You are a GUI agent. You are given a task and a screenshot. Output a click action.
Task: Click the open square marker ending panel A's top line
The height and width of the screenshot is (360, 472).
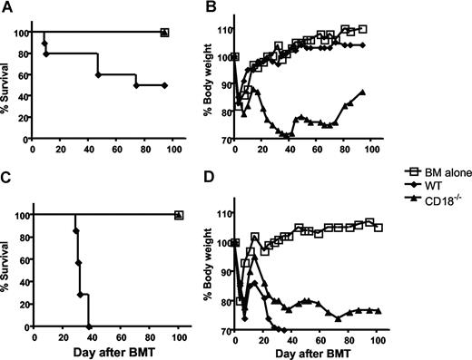pos(164,33)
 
